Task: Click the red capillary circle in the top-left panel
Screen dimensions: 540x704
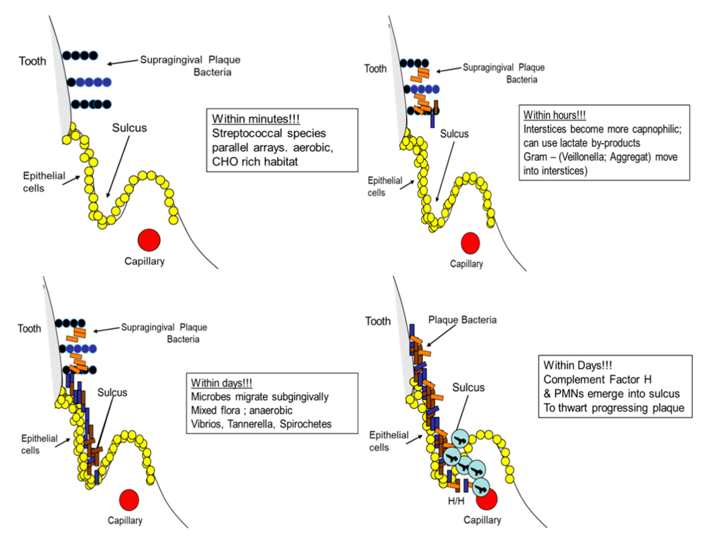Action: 149,240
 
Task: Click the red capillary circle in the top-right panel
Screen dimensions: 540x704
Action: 470,243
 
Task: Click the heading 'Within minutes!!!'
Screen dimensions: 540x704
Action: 256,119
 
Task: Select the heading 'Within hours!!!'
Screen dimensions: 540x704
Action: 554,115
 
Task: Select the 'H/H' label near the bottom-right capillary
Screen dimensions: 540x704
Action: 456,501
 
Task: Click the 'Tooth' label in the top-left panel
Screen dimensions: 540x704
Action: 32,61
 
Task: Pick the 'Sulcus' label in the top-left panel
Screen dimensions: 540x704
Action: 129,128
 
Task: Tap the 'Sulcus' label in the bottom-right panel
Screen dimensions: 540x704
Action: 468,387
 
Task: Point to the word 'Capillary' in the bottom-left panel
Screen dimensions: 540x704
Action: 125,520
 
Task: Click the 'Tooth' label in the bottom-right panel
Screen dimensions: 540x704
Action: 378,321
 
